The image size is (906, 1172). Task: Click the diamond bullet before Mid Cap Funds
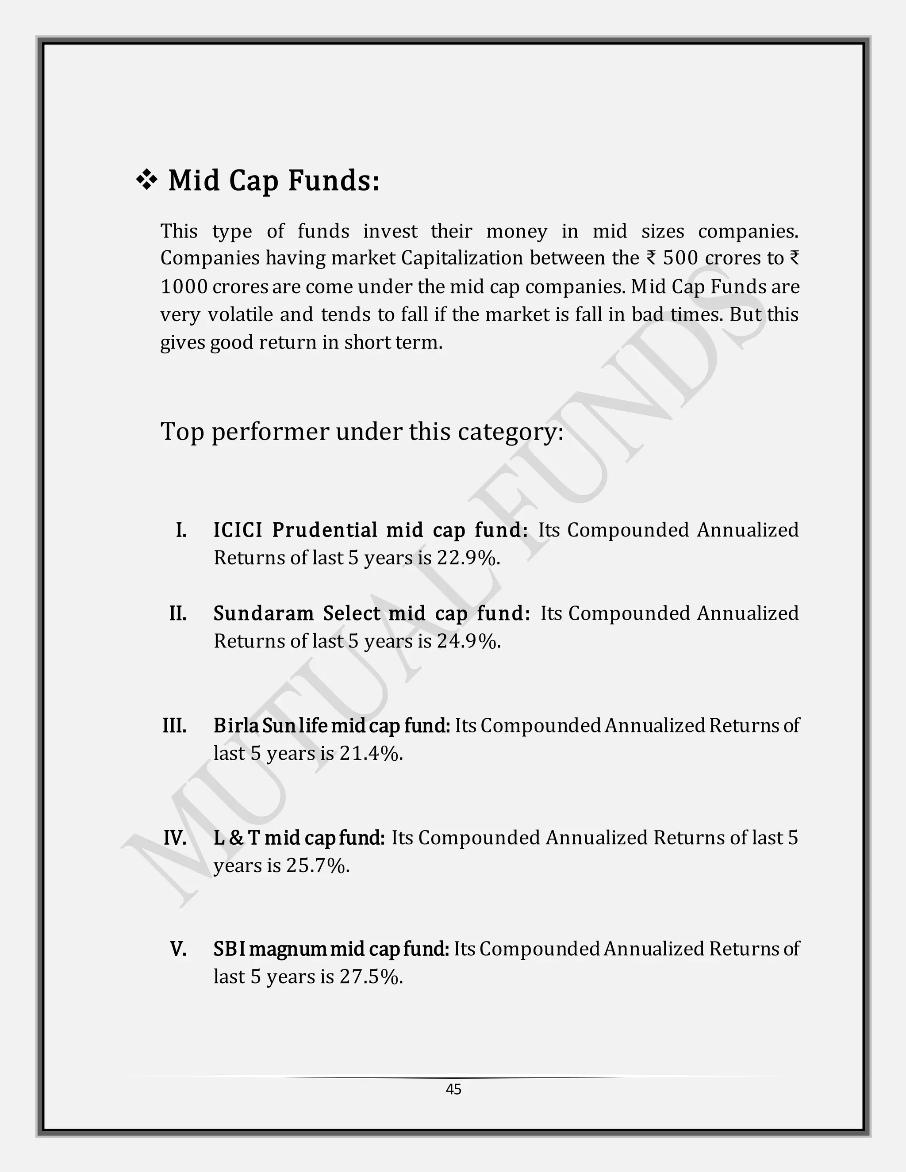(146, 181)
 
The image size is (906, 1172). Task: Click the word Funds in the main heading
(334, 180)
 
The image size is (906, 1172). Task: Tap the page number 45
(453, 1089)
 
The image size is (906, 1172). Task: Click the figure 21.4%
(371, 754)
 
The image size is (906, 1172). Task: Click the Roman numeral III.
(174, 725)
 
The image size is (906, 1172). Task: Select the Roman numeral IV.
(175, 838)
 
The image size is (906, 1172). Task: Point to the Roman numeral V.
(178, 949)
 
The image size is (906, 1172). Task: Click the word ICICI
(238, 530)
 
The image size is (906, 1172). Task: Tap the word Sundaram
(264, 613)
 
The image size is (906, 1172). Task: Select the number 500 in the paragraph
(680, 259)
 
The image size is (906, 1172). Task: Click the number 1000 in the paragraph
(184, 287)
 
